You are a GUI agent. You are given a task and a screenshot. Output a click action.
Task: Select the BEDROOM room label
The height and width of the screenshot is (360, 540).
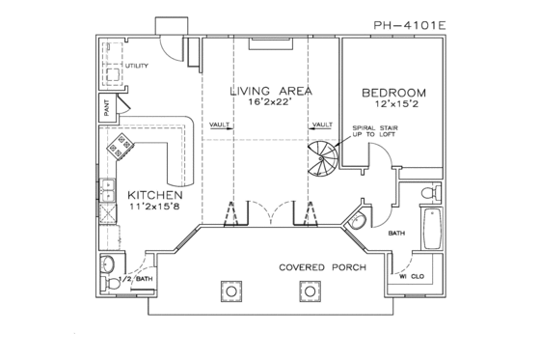394,93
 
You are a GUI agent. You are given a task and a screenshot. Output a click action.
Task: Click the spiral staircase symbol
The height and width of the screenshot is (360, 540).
323,158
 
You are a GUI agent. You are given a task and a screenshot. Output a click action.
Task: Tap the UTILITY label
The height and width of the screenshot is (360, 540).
137,66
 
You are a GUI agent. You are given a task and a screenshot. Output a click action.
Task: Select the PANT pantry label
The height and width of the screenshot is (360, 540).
100,107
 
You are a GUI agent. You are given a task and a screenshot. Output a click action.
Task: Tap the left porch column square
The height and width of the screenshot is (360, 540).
231,290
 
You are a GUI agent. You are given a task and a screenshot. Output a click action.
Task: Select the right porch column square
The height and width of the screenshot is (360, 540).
309,290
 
